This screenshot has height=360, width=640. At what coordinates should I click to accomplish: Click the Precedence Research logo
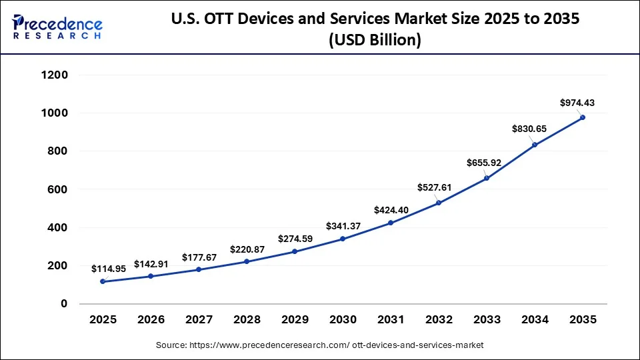[x=57, y=27]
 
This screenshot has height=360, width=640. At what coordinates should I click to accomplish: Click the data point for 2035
[x=583, y=117]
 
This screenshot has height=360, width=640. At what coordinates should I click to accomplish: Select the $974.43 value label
[x=577, y=103]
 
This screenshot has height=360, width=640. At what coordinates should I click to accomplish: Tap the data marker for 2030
[x=343, y=239]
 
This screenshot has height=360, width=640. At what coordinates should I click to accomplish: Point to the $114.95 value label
[x=109, y=269]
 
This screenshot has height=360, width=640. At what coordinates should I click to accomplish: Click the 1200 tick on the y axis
[x=55, y=75]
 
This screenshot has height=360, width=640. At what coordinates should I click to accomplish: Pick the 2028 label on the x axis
[x=247, y=320]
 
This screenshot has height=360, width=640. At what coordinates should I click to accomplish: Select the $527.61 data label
[x=434, y=188]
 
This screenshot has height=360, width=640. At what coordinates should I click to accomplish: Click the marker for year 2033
[x=487, y=178]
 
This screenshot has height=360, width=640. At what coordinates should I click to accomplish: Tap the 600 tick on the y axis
[x=58, y=189]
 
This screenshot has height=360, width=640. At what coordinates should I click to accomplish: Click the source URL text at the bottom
[x=319, y=345]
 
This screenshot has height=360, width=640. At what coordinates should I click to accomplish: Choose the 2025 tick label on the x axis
[x=103, y=320]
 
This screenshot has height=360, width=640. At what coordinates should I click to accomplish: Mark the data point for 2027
[x=199, y=269]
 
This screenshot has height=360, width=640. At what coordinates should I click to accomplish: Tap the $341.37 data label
[x=343, y=226]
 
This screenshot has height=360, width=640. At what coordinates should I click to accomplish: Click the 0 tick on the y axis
[x=64, y=304]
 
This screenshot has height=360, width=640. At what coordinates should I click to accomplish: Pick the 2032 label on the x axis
[x=439, y=320]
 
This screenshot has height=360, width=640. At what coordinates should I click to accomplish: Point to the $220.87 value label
[x=247, y=249]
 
